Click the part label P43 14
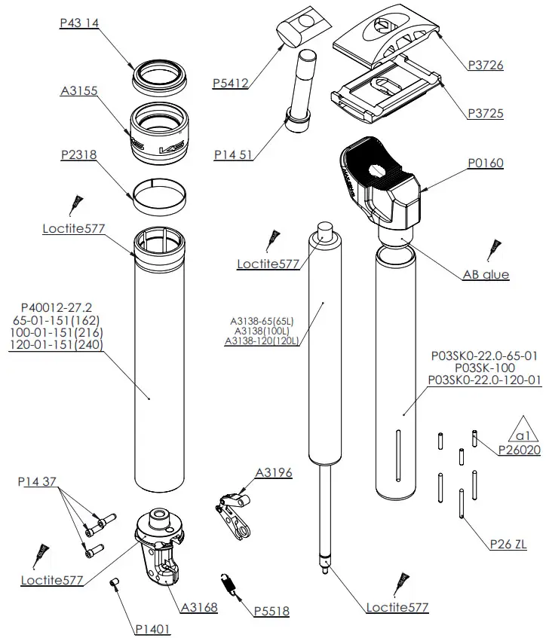point(79,23)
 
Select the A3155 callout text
point(78,91)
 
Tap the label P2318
point(78,154)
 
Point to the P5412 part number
point(231,84)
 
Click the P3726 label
point(485,66)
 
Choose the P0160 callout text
point(485,163)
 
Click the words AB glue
point(486,275)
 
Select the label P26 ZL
point(508,544)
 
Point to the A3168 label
point(198,606)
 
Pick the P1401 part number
point(153,629)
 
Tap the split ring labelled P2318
point(159,192)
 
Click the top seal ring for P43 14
point(159,73)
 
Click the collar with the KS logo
point(159,132)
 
